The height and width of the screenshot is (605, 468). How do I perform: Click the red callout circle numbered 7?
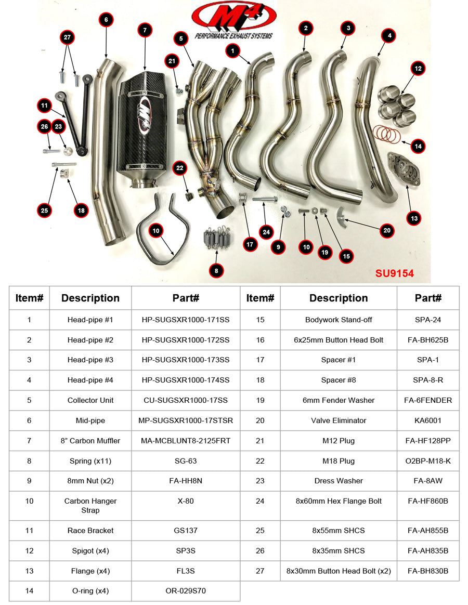tap(145, 30)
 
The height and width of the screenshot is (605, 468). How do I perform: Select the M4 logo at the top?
tap(233, 20)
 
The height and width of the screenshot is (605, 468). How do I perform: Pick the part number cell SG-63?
tap(186, 461)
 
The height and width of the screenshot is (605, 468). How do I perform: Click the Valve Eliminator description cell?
tap(339, 420)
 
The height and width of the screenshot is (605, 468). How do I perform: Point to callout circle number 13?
tap(414, 219)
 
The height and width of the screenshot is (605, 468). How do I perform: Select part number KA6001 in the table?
tap(428, 420)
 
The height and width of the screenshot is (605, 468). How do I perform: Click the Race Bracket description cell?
tap(90, 531)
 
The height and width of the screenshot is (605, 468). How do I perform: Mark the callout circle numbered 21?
tap(172, 61)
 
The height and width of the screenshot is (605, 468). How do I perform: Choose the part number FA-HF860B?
tap(428, 501)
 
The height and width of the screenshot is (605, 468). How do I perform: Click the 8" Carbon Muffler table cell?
tap(90, 441)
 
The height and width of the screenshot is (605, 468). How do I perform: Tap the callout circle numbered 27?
tap(67, 38)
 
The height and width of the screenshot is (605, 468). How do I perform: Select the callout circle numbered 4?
tap(388, 36)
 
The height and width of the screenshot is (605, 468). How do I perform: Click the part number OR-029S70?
tap(186, 591)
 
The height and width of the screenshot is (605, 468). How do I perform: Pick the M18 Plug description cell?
tap(339, 461)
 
